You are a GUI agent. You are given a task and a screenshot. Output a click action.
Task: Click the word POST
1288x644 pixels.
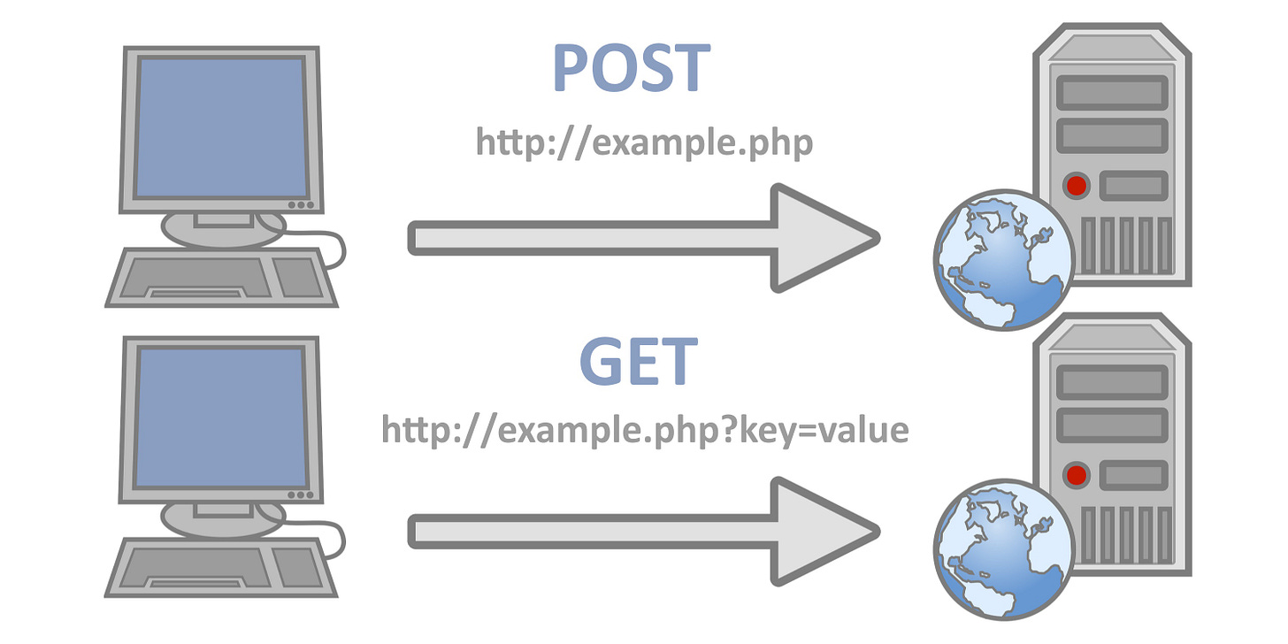click(x=632, y=68)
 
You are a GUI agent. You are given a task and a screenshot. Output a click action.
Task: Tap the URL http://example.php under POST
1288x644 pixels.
click(x=644, y=142)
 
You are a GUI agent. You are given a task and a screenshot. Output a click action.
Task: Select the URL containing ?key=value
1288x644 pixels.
click(x=645, y=429)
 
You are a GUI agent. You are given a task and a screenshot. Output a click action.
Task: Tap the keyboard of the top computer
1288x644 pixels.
click(x=221, y=277)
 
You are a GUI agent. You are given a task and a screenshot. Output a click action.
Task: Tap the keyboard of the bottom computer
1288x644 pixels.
click(x=221, y=566)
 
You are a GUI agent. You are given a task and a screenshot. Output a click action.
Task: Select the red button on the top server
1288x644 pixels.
click(x=1077, y=186)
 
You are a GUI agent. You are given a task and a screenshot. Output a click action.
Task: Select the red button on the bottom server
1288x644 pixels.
click(x=1077, y=475)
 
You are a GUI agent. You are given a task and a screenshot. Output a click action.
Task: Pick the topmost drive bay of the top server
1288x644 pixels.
click(x=1112, y=91)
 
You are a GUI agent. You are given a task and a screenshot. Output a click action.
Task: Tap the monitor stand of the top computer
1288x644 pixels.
click(x=222, y=226)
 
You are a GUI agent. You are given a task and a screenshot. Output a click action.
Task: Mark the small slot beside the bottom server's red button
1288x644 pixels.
click(x=1131, y=475)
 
